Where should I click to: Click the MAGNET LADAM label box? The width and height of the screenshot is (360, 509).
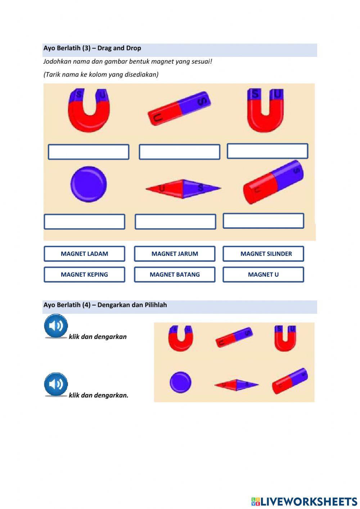(x=84, y=254)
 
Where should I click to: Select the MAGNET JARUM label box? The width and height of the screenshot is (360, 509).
(x=175, y=254)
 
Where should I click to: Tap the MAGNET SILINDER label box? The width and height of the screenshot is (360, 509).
(x=263, y=254)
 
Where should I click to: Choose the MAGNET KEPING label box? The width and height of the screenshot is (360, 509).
(x=84, y=274)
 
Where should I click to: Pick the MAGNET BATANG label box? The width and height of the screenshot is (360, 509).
(x=175, y=274)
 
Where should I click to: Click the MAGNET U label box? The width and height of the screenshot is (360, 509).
(x=263, y=274)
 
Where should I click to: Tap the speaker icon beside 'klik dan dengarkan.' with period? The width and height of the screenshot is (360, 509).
(x=56, y=384)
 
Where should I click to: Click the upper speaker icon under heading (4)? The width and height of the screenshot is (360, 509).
(x=56, y=326)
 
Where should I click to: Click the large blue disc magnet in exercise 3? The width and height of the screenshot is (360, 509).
(x=89, y=184)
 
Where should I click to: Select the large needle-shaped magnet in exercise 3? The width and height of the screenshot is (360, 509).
(x=183, y=189)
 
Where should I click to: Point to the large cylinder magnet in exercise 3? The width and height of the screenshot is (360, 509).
(x=273, y=182)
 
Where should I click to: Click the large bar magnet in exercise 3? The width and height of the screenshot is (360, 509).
(x=179, y=108)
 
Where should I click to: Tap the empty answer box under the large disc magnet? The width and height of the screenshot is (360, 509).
(x=84, y=222)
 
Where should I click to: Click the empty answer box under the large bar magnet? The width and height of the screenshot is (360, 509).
(x=179, y=152)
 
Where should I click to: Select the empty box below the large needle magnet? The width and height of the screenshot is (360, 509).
(x=175, y=222)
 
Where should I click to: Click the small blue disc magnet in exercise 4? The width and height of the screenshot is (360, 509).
(x=181, y=382)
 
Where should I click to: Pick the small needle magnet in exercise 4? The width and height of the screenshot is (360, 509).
(x=237, y=385)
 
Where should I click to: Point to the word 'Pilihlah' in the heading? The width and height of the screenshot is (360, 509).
(x=155, y=305)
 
